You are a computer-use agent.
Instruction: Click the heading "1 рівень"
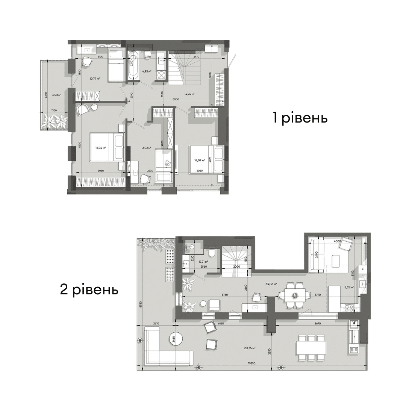click(300, 118)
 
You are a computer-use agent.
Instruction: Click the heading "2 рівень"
click(89, 289)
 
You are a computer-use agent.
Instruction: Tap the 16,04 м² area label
click(100, 148)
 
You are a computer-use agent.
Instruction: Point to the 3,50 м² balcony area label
click(57, 95)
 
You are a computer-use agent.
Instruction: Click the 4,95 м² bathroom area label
click(147, 71)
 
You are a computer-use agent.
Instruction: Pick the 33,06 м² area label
click(271, 284)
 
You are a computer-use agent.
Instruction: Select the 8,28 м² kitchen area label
click(350, 287)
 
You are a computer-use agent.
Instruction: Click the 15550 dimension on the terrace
click(247, 363)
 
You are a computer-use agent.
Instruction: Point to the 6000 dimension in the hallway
click(176, 99)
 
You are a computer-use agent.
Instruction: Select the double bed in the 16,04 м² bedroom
click(106, 147)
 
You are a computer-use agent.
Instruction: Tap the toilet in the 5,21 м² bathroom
click(212, 253)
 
